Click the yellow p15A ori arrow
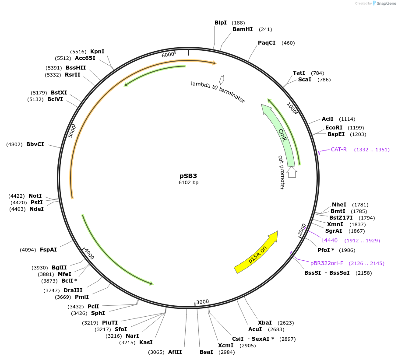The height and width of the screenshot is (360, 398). coord(256,252)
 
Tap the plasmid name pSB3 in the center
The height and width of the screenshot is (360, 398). coord(188,175)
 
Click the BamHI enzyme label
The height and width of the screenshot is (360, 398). coord(243,29)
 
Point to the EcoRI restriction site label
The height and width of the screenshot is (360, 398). coord(335,127)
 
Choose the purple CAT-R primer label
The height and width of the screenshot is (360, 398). coord(338,150)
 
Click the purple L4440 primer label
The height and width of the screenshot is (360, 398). coord(329,240)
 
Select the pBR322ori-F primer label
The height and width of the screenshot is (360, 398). coord(327,263)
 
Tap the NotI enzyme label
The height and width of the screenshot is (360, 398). coord(35,196)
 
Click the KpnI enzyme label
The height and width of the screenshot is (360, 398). coord(97,51)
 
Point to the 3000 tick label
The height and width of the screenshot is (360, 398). coord(202,302)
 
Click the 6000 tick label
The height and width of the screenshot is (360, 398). coord(168,55)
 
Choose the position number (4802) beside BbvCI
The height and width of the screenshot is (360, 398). coord(14,144)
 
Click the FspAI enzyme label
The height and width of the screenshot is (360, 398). coord(48,250)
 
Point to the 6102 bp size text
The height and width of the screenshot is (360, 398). coord(188,182)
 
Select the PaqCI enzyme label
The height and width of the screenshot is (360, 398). coord(267,43)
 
